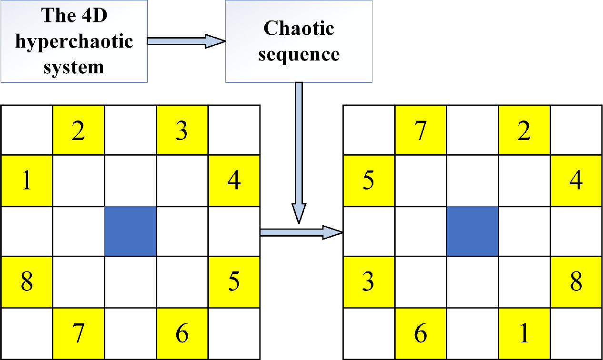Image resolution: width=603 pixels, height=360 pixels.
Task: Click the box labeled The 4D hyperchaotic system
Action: click(74, 41)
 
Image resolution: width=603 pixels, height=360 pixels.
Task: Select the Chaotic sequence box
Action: click(298, 41)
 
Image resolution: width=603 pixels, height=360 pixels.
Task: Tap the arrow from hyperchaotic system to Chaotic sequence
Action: click(186, 41)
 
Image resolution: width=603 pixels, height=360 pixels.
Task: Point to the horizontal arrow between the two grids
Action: click(301, 232)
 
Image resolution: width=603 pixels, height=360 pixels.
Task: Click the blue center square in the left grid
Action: click(130, 231)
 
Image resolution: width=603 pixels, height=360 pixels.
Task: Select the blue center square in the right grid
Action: click(472, 231)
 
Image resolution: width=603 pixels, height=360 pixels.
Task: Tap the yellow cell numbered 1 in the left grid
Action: click(27, 181)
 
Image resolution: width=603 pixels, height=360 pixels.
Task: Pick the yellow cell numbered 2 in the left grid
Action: click(78, 130)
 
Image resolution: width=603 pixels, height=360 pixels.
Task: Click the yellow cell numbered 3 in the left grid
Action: click(181, 130)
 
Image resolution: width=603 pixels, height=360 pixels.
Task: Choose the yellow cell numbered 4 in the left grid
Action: click(234, 181)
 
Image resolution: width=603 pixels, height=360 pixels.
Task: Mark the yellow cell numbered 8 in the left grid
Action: click(27, 282)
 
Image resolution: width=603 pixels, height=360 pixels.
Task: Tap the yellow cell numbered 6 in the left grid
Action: click(181, 334)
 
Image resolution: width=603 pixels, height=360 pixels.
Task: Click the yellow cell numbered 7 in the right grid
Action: click(420, 130)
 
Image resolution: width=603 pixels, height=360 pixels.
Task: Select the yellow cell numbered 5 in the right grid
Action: click(369, 181)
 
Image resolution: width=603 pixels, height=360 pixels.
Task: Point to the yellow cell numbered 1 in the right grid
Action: click(524, 334)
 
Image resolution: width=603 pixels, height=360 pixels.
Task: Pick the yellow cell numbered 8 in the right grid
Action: click(576, 282)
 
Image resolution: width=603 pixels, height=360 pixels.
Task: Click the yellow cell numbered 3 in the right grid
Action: click(369, 282)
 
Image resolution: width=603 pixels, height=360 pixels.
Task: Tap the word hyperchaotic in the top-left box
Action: click(74, 42)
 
